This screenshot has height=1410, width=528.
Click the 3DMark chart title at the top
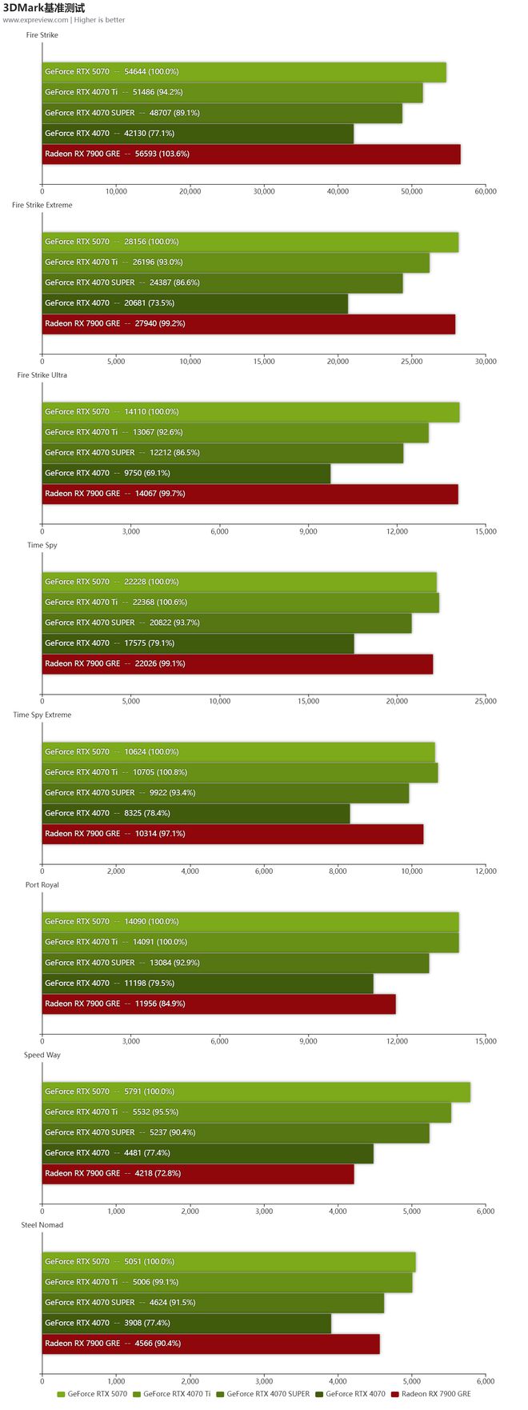point(44,8)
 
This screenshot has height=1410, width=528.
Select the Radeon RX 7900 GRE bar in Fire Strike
point(250,154)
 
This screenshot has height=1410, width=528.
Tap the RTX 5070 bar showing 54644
point(243,72)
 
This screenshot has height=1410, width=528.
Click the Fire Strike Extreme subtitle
point(42,206)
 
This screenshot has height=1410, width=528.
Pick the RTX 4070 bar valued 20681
point(194,303)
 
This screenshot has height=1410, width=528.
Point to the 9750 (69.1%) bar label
point(146,474)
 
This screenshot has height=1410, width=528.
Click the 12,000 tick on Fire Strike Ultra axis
point(397,531)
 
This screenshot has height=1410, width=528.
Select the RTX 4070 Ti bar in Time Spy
point(240,603)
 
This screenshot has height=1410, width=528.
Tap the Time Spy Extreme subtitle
point(42,715)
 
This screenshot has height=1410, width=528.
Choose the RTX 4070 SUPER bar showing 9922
point(225,793)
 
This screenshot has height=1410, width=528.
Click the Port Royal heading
point(42,885)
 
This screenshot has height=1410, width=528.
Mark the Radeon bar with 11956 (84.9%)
point(218,1004)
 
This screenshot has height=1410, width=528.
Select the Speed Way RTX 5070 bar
point(256,1092)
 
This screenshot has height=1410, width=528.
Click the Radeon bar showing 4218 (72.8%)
point(198,1174)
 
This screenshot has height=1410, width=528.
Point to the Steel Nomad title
point(42,1225)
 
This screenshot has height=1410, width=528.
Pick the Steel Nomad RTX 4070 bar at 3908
point(186,1324)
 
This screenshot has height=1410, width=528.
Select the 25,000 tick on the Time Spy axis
point(486,702)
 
